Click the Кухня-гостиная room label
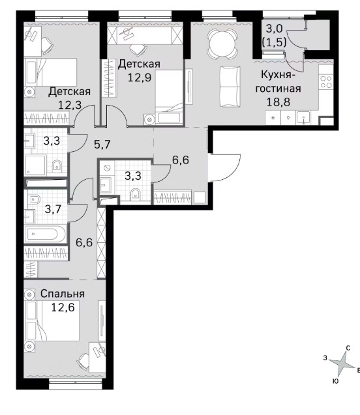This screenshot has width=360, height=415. [x=278, y=81]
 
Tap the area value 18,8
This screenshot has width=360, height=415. [x=278, y=102]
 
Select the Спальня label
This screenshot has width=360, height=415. [x=63, y=294]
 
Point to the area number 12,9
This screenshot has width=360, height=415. [x=140, y=78]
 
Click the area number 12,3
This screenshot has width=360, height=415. [x=69, y=105]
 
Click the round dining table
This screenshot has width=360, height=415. [x=222, y=44]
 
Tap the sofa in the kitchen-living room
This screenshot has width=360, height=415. [x=230, y=86]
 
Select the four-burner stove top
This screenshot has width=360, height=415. [x=326, y=82]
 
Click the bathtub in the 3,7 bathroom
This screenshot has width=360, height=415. [x=45, y=234]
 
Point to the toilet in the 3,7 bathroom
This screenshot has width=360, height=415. [x=35, y=199]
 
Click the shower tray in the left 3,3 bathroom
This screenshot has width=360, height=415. [x=35, y=165]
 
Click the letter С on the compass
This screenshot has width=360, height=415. [x=348, y=349]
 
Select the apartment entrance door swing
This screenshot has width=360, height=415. [x=225, y=167]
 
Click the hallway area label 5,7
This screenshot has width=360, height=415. [x=102, y=145]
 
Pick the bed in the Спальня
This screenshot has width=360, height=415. [x=52, y=321]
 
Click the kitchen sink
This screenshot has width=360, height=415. [x=304, y=118]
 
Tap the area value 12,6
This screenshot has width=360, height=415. [x=63, y=308]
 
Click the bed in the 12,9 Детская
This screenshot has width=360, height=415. [x=170, y=97]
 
